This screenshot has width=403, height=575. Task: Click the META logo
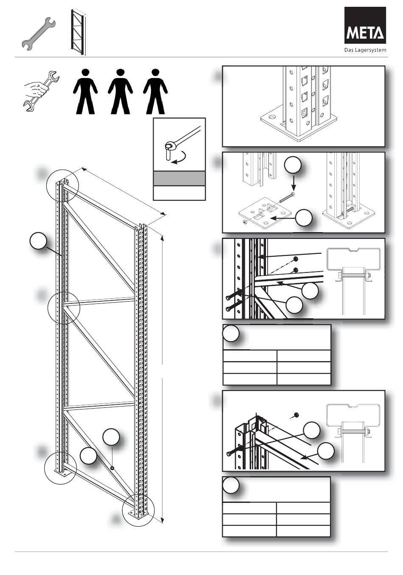[x=365, y=25]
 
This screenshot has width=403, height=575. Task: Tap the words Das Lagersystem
[x=365, y=50]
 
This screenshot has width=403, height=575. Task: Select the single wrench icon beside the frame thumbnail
[x=39, y=34]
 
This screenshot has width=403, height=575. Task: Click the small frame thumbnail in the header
[x=78, y=32]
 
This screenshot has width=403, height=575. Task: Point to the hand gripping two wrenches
[x=42, y=91]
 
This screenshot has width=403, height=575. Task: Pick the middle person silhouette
[x=120, y=91]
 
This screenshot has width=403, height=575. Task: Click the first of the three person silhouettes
[x=85, y=91]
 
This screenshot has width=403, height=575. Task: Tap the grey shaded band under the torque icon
[x=179, y=178]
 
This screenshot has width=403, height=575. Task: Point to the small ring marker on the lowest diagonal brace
[x=112, y=468]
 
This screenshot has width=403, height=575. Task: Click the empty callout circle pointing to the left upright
[x=38, y=241]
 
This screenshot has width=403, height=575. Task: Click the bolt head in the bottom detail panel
[x=229, y=454]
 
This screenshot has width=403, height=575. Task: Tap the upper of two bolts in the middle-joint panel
[x=228, y=298]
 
